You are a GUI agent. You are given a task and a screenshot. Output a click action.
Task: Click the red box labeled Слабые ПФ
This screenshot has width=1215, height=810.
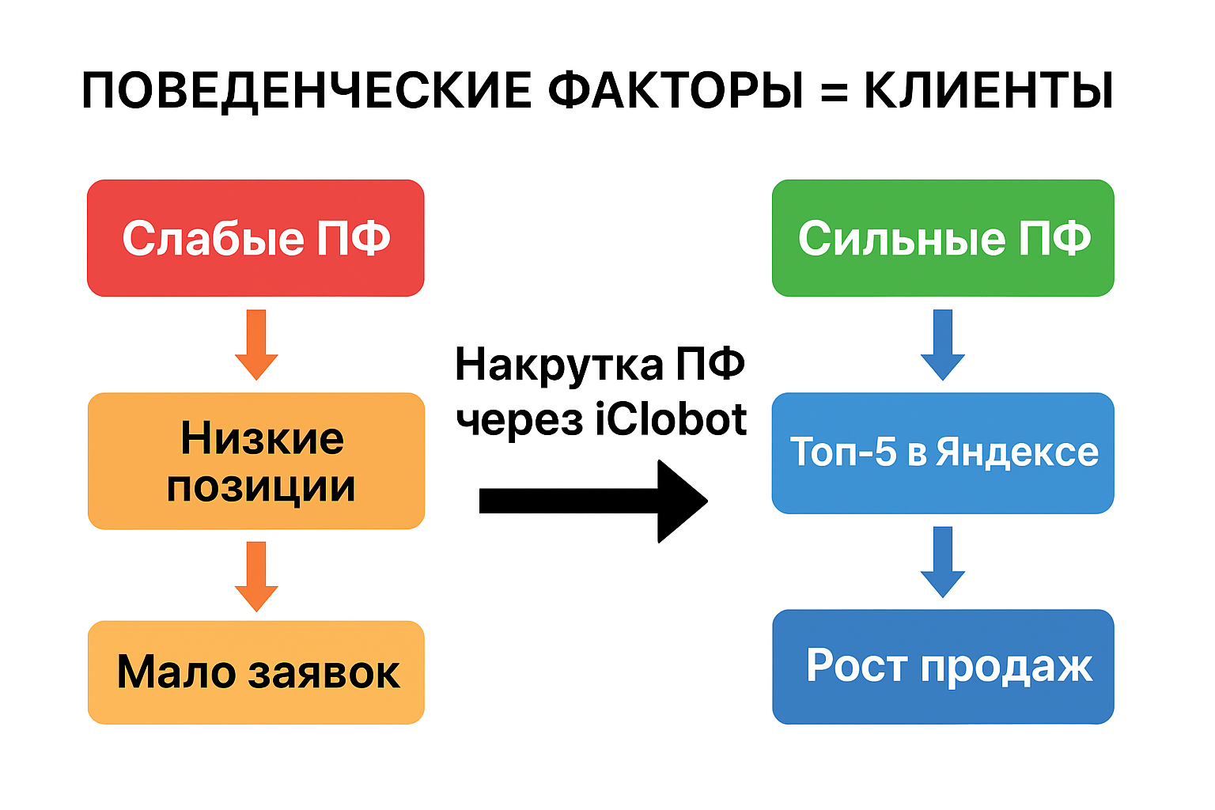(x=255, y=238)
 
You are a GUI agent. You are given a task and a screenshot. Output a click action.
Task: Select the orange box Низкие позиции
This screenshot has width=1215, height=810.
(x=255, y=461)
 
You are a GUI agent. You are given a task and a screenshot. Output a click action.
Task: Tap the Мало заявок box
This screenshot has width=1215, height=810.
(x=255, y=672)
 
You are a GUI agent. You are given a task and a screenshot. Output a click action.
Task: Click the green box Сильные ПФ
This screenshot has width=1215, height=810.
(x=943, y=238)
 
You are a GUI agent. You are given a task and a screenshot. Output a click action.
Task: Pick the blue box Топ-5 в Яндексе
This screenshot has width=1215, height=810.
(x=943, y=453)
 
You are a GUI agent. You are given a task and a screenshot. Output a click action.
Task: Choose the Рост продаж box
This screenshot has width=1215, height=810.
(x=943, y=666)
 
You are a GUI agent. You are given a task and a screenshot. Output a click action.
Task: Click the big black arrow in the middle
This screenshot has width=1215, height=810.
(x=593, y=501)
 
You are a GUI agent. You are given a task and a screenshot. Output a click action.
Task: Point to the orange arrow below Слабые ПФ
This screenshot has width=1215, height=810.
(x=256, y=345)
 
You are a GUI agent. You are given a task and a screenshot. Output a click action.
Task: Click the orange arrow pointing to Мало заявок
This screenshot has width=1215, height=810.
(x=256, y=576)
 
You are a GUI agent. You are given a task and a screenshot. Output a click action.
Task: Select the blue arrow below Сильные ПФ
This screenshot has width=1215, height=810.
(x=943, y=345)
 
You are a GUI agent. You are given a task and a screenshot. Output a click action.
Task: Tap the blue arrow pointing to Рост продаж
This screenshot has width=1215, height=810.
(x=943, y=562)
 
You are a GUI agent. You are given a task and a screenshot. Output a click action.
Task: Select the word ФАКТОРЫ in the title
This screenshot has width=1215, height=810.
(x=676, y=90)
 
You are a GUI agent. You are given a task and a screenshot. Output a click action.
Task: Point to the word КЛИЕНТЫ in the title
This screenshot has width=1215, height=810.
(x=988, y=90)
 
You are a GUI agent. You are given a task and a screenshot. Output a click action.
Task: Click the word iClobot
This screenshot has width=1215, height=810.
(x=671, y=419)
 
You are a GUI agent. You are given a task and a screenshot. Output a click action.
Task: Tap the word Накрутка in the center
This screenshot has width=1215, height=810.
(x=559, y=365)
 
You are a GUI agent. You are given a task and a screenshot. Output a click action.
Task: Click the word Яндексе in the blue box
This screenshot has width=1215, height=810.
(x=1017, y=453)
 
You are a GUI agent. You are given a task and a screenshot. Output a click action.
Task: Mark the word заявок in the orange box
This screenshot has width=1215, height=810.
(x=324, y=673)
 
